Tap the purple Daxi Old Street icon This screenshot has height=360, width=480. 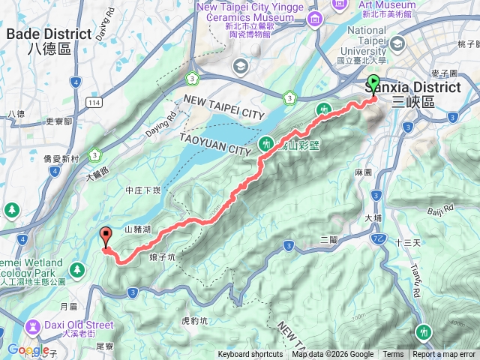pos(34,326)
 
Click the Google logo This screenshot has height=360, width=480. pos(28,349)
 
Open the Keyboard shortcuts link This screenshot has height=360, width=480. pos(250,355)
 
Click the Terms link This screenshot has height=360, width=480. pos(393,355)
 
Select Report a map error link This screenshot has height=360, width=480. pos(445,355)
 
